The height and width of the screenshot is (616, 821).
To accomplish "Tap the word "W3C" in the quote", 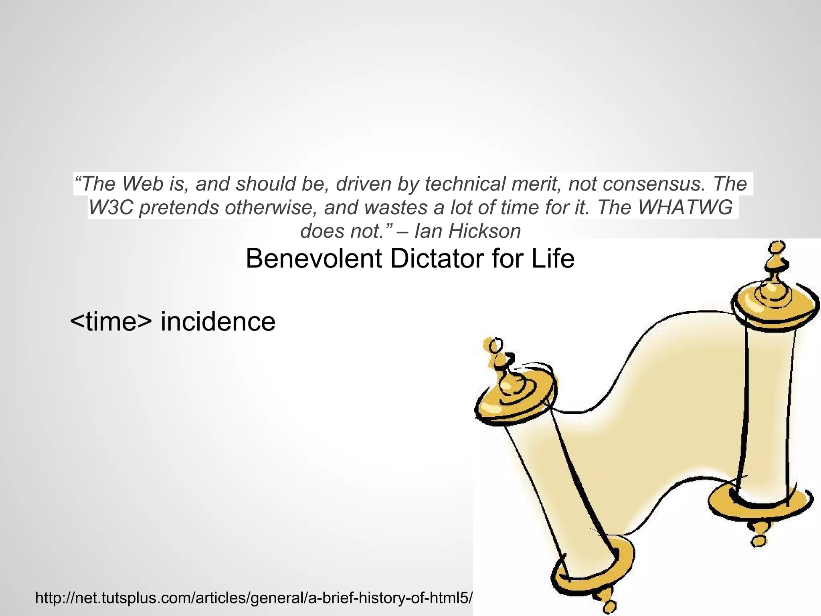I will pos(110,207).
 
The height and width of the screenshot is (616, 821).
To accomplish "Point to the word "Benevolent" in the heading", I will pos(314,259).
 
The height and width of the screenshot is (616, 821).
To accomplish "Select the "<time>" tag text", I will pos(111,321).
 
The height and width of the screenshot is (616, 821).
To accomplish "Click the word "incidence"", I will pos(218,321).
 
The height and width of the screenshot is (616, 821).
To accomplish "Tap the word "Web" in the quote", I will pos(143,184).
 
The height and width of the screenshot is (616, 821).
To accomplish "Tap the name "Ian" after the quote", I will pos(428,231).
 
